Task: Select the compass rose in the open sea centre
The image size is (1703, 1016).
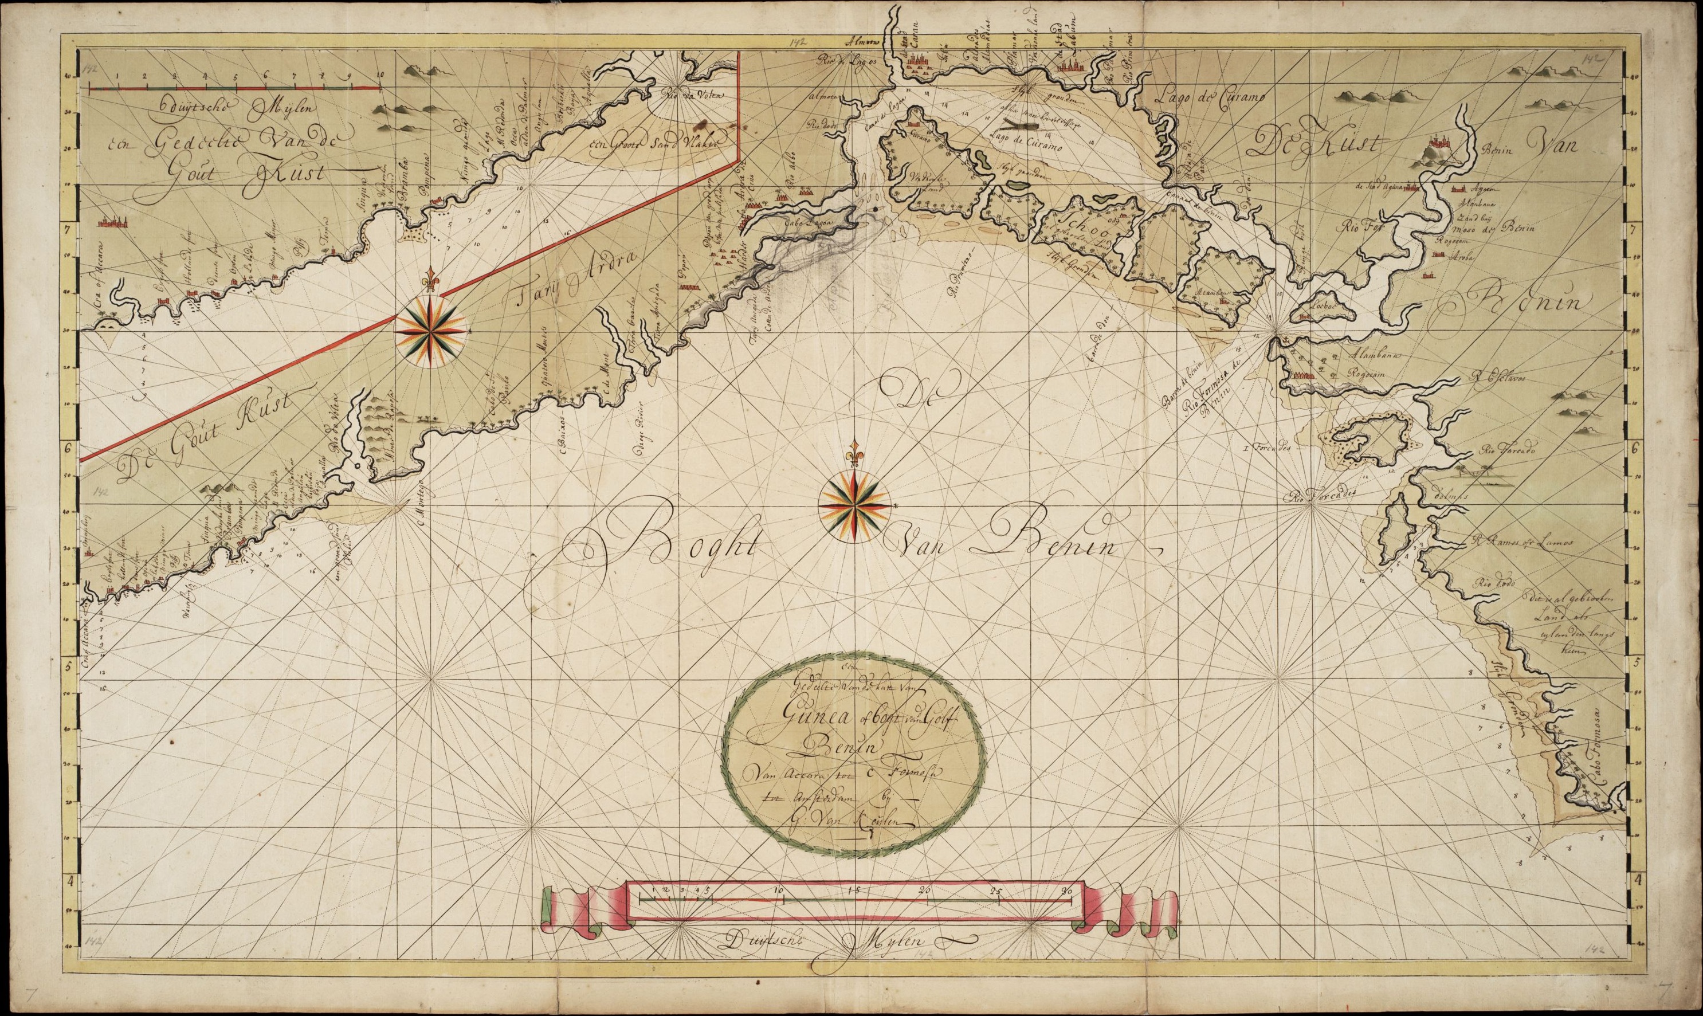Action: click(854, 505)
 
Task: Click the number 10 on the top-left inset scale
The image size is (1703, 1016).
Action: click(379, 75)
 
